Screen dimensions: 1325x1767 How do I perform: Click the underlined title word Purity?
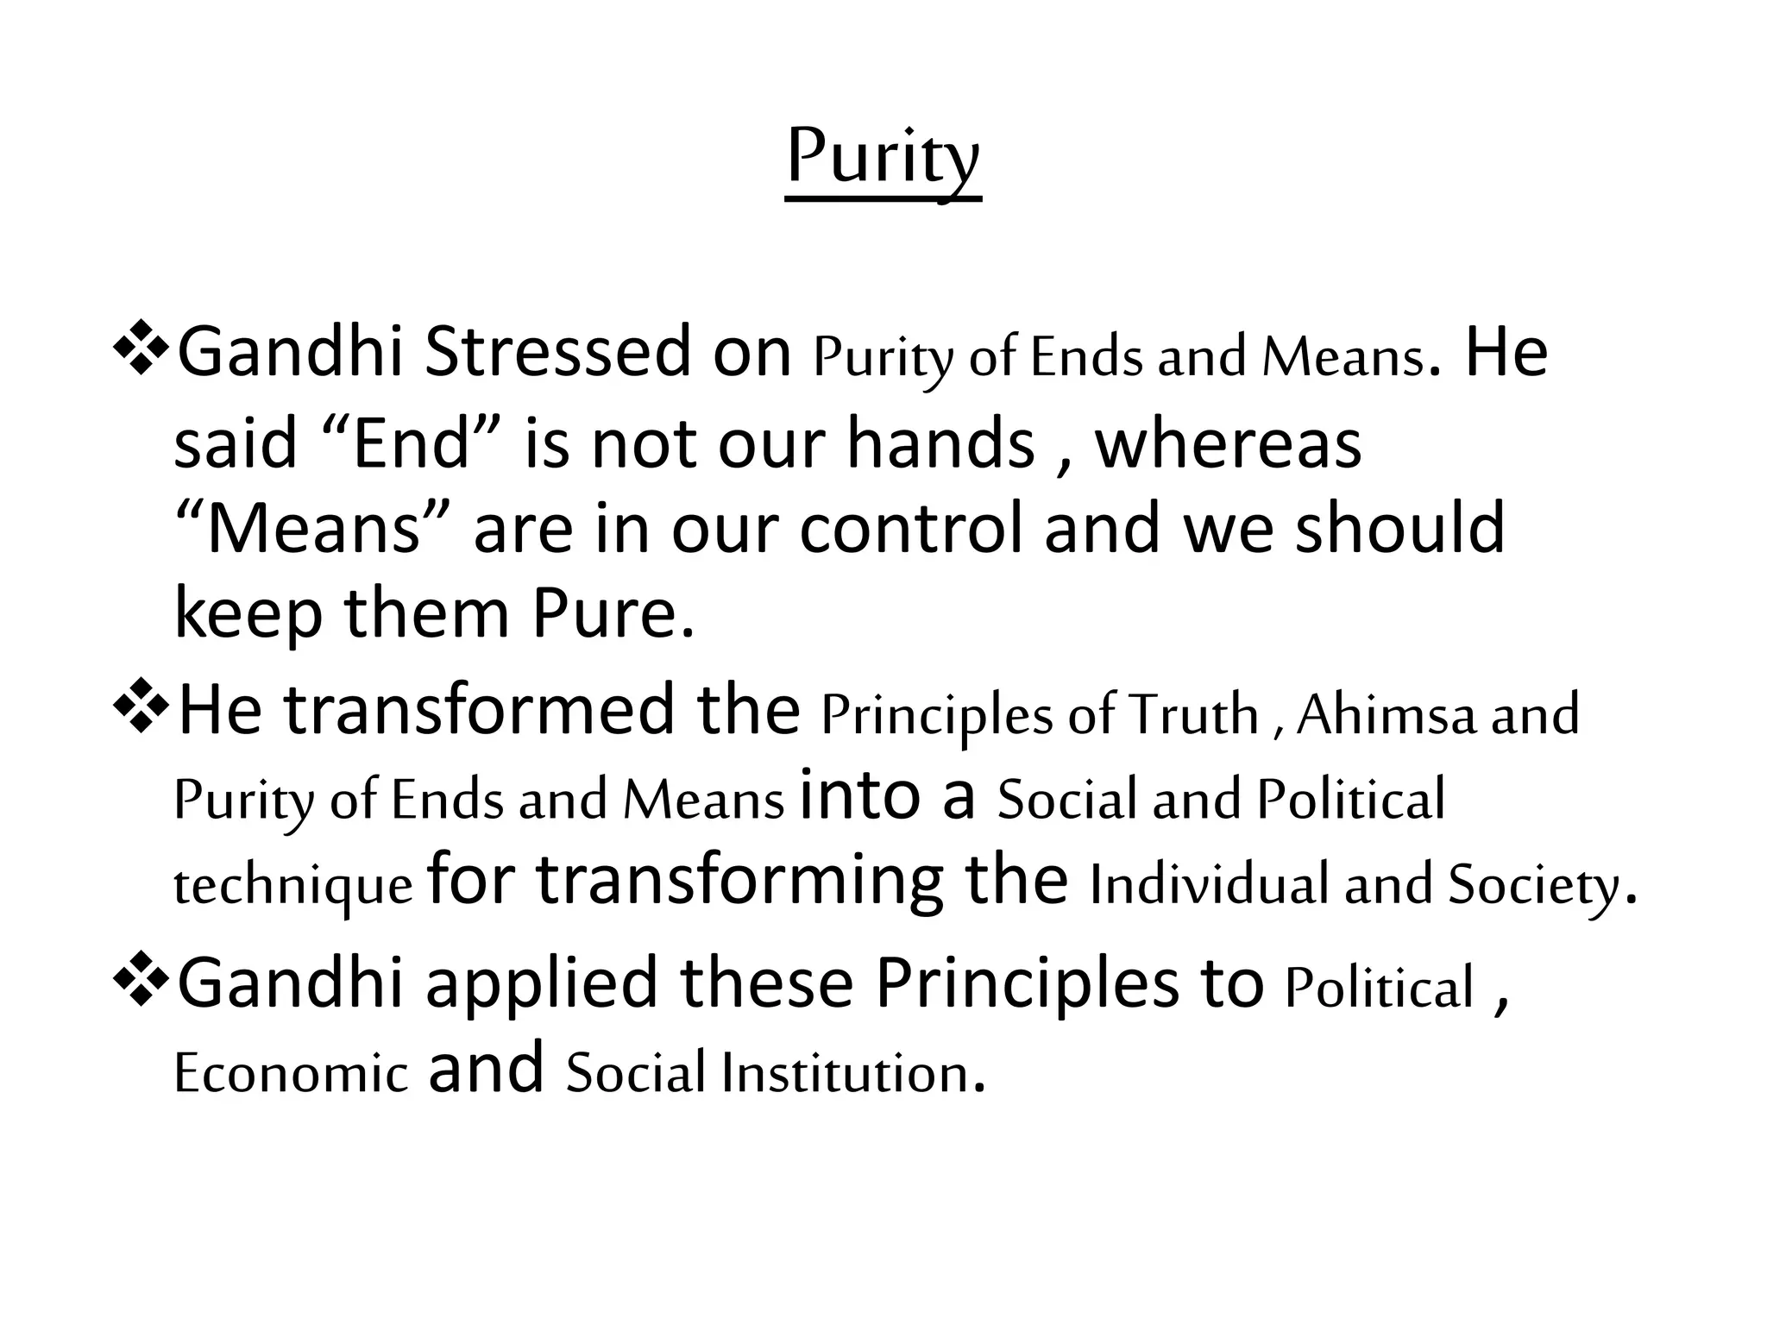tap(883, 158)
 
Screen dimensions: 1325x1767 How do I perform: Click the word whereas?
tap(1228, 443)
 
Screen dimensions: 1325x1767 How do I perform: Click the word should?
tap(1399, 529)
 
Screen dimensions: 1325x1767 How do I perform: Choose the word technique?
tap(293, 887)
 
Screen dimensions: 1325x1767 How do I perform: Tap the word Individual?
tap(1208, 885)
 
